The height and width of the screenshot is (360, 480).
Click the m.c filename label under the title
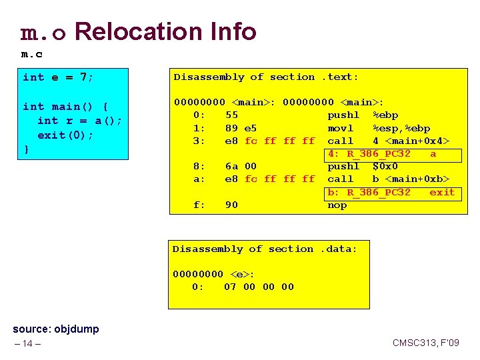click(33, 54)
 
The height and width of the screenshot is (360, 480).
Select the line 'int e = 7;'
click(58, 77)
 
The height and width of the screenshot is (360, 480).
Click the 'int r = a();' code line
click(78, 121)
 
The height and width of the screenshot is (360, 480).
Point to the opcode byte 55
click(232, 115)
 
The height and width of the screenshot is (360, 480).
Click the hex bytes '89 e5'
click(240, 128)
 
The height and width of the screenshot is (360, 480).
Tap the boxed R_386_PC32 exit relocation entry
click(391, 192)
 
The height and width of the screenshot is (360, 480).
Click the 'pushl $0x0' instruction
click(363, 166)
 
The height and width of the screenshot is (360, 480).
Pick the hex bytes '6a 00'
click(240, 166)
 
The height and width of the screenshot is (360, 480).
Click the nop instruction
click(337, 205)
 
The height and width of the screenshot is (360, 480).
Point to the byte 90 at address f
click(232, 205)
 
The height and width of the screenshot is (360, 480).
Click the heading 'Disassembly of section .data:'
click(265, 249)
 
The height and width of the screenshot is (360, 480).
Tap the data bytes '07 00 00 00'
click(259, 287)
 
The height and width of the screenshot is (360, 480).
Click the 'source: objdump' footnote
click(56, 329)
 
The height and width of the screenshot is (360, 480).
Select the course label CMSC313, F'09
click(425, 343)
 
